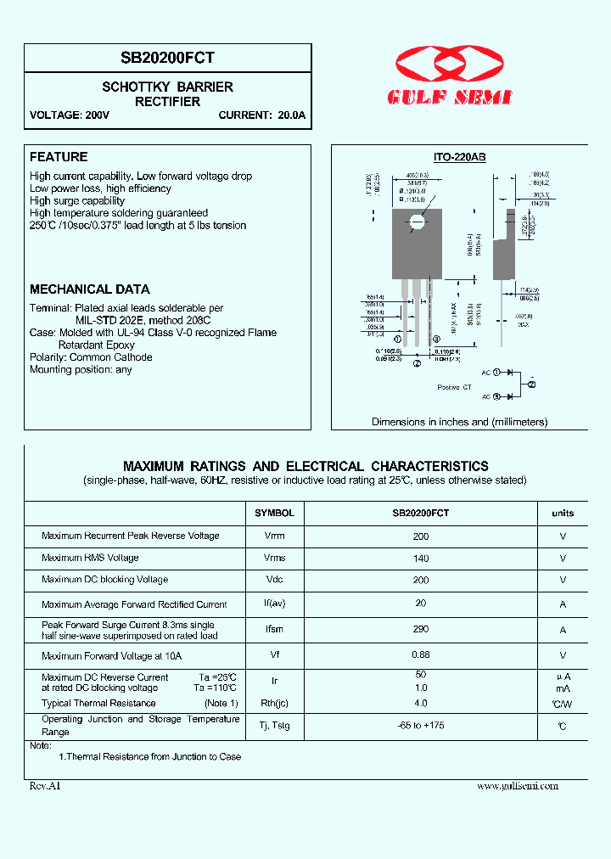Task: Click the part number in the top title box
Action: coord(168,58)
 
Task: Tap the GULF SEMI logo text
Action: coord(450,98)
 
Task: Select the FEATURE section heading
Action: coord(59,157)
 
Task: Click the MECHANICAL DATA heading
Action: coord(90,289)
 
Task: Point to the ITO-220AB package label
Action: coord(459,157)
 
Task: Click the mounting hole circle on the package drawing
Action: coord(417,223)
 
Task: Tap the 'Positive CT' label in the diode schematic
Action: coord(454,387)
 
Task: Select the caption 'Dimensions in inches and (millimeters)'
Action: coord(459,422)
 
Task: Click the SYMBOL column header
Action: coord(274,513)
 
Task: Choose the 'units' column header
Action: coord(563,513)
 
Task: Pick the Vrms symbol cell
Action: coord(274,559)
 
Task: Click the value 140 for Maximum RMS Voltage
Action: coord(421,559)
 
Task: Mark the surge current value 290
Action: coord(421,629)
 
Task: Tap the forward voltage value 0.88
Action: coord(421,654)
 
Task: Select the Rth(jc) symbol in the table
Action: coord(274,703)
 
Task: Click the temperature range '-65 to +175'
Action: coord(421,727)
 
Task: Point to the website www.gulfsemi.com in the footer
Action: coord(518,786)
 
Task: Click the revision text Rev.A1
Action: coord(45,786)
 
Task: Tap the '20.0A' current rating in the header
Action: coord(291,115)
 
